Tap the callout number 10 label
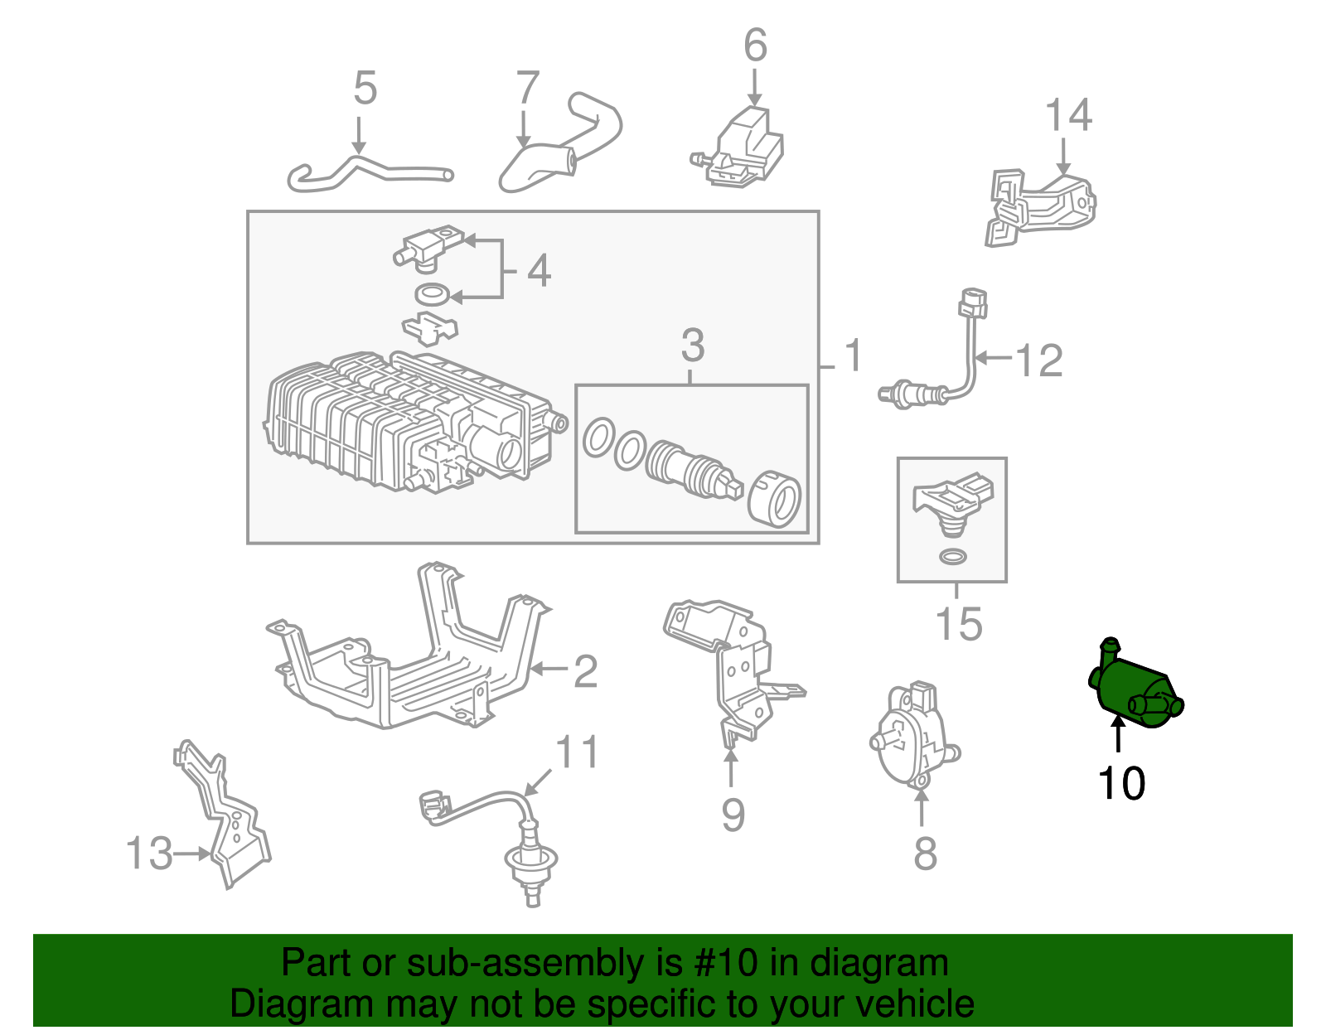point(1121,783)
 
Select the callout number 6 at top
point(755,45)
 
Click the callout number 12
point(1038,360)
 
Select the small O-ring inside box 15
point(953,556)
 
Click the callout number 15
point(958,624)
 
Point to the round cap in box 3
point(775,499)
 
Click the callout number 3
point(693,346)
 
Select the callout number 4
point(539,270)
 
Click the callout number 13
point(149,853)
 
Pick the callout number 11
point(576,753)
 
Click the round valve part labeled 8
point(912,738)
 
